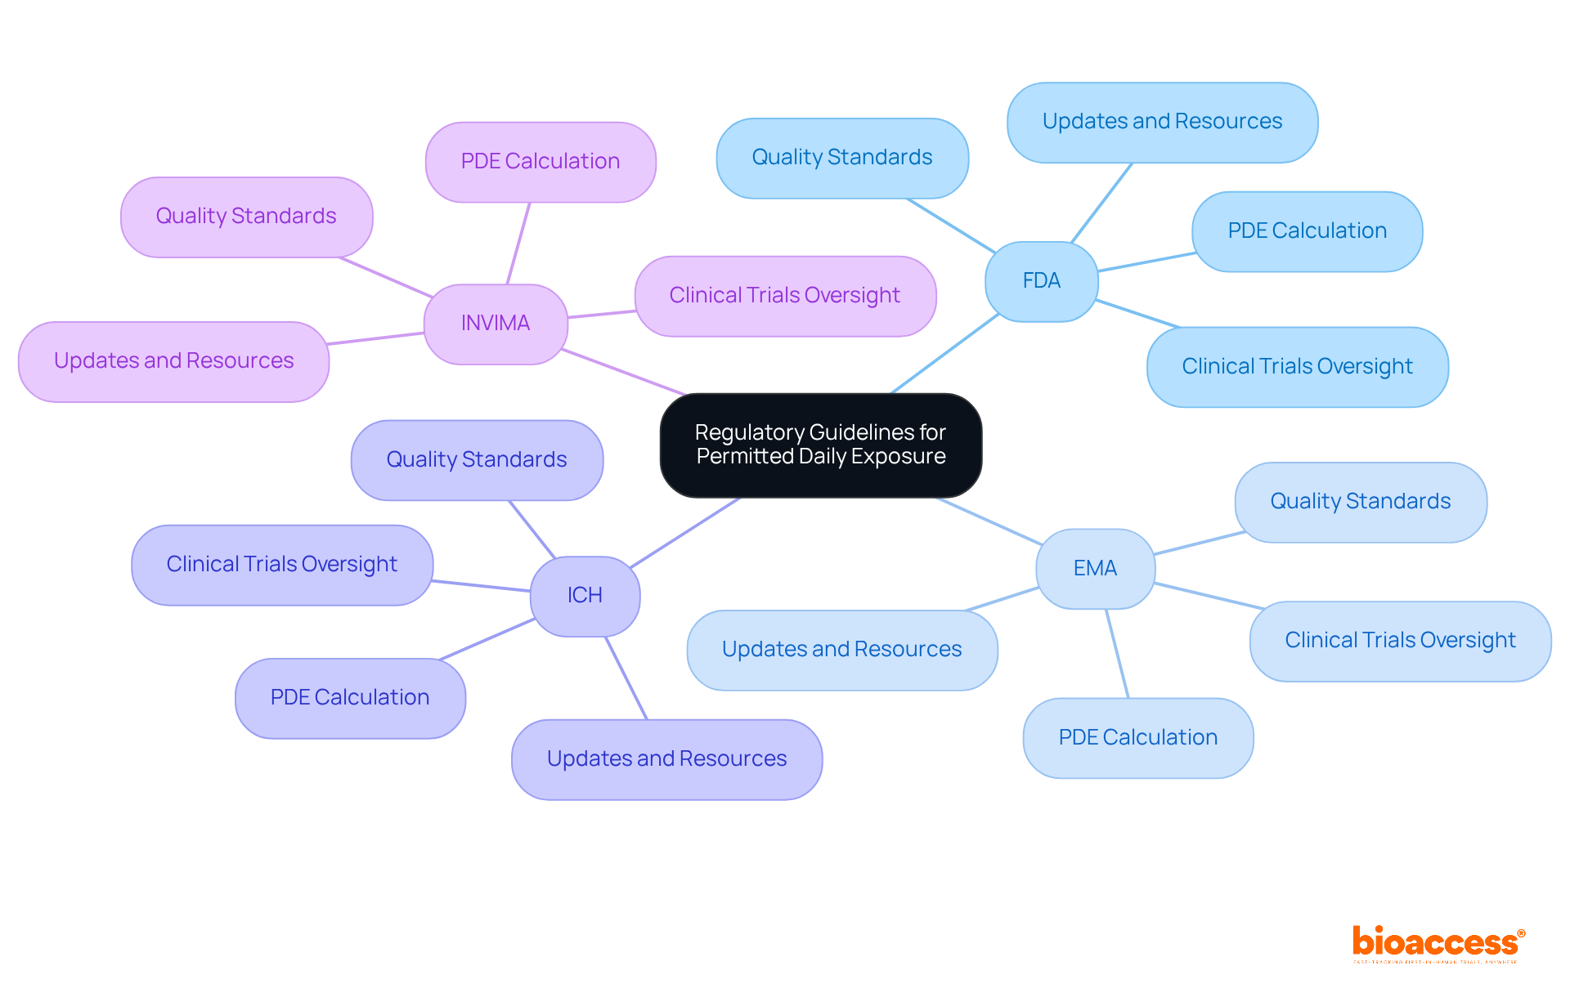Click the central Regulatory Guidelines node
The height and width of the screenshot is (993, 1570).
pos(820,445)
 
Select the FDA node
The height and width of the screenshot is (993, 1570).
pos(1041,281)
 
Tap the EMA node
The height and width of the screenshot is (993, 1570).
pos(1095,568)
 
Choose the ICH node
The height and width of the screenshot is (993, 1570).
pos(585,595)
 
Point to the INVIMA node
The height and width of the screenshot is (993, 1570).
pos(495,323)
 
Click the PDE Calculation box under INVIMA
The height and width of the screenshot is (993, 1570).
pos(540,161)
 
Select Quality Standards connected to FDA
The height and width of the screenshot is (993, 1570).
pos(841,157)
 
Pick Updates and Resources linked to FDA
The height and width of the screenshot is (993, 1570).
pos(1161,122)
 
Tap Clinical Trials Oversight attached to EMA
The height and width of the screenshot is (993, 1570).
pos(1399,640)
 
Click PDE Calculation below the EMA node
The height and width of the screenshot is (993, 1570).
pos(1137,737)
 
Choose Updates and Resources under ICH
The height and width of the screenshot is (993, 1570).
pos(666,758)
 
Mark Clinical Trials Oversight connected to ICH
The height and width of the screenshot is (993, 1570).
pos(281,564)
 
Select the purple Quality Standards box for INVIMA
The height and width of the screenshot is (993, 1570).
pos(246,216)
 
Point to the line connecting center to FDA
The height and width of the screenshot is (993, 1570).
pos(944,354)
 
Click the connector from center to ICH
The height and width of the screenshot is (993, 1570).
pos(685,532)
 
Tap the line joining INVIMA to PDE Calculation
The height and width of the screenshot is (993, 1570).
pos(518,243)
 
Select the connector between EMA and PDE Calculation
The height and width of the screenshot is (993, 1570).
pos(1117,653)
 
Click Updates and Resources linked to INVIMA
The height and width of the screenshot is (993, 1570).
pos(173,360)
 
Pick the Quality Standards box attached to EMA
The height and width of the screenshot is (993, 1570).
pos(1360,501)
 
